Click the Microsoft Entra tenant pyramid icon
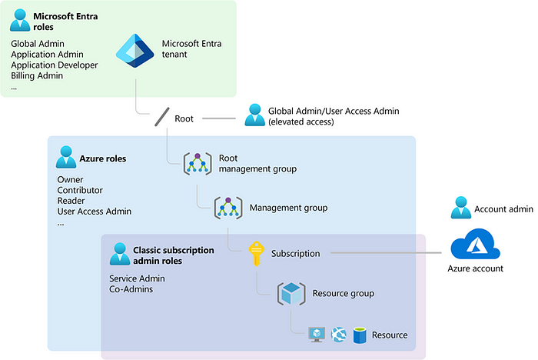click(135, 49)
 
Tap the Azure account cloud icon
click(476, 246)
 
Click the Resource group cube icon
click(292, 293)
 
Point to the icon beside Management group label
click(228, 208)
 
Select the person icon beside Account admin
click(460, 208)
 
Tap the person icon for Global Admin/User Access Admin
click(253, 115)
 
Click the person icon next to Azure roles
click(66, 158)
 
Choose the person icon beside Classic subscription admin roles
click(120, 255)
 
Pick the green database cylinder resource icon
click(359, 335)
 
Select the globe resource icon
click(338, 335)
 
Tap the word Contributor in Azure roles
click(80, 190)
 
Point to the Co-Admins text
click(131, 289)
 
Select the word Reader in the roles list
click(71, 201)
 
